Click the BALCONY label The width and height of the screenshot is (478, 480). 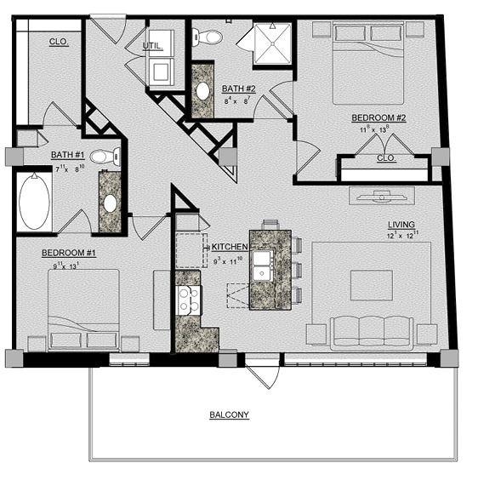pyautogui.click(x=230, y=415)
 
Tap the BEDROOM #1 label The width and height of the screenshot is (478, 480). pyautogui.click(x=69, y=254)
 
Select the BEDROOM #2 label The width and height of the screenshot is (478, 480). pyautogui.click(x=379, y=118)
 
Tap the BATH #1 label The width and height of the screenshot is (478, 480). pyautogui.click(x=67, y=155)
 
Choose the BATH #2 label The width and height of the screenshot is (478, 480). pyautogui.click(x=239, y=89)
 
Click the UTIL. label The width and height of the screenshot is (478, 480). pyautogui.click(x=153, y=46)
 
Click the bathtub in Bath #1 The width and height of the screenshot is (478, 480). pyautogui.click(x=34, y=202)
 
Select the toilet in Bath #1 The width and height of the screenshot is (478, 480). pyautogui.click(x=103, y=157)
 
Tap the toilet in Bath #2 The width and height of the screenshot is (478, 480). pyautogui.click(x=207, y=37)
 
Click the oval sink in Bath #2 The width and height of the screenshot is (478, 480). pyautogui.click(x=204, y=91)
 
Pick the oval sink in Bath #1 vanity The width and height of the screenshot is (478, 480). pyautogui.click(x=111, y=203)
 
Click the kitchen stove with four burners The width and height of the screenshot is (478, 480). pyautogui.click(x=188, y=300)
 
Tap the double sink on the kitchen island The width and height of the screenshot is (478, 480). pyautogui.click(x=263, y=266)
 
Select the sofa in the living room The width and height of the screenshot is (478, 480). pyautogui.click(x=372, y=331)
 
